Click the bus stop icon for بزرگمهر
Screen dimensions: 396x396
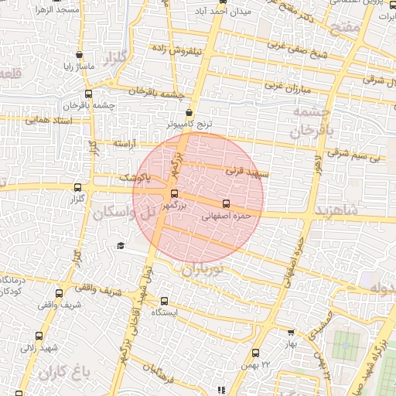click(x=173, y=194)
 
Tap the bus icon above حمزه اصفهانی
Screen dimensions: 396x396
click(x=225, y=204)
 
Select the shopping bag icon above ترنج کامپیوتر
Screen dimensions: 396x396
click(x=189, y=112)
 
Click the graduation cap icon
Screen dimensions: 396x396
click(x=120, y=246)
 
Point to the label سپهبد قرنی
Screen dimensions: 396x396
click(x=247, y=170)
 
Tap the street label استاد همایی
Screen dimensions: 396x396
click(x=48, y=121)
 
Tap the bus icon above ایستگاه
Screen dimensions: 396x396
click(x=164, y=301)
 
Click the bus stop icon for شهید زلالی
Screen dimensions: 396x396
click(x=39, y=336)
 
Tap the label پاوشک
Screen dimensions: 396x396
click(x=136, y=178)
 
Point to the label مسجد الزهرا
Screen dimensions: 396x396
click(x=56, y=10)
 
